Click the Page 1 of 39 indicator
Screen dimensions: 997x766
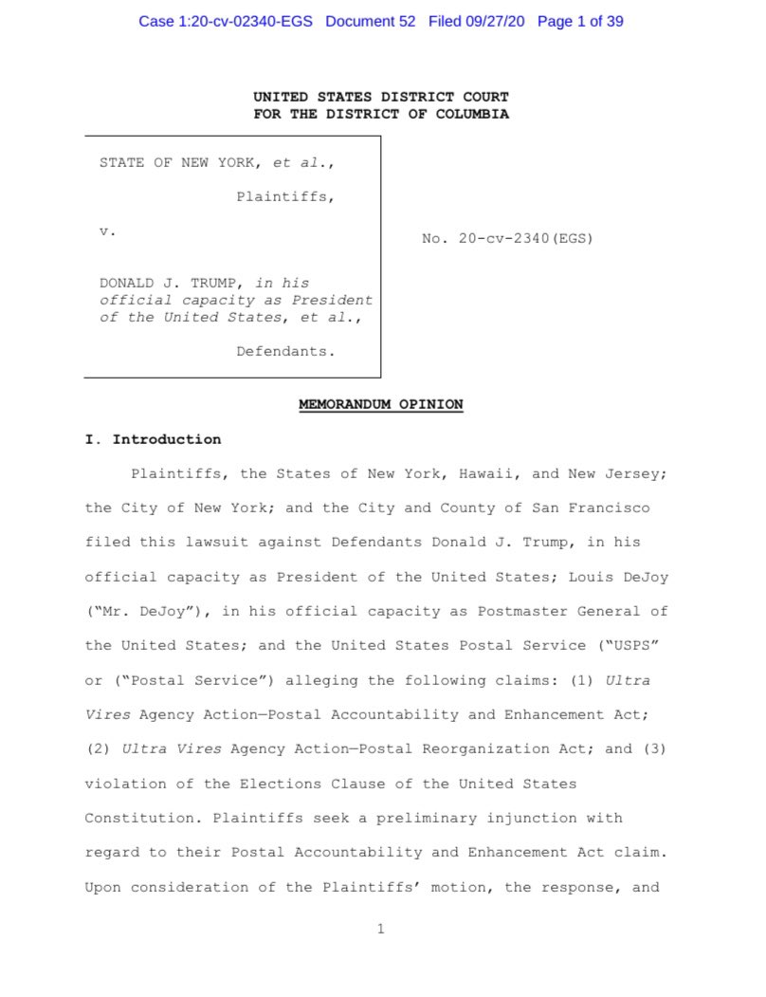tap(580, 21)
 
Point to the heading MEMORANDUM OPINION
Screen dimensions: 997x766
tap(381, 404)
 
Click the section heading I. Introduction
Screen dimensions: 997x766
tap(153, 439)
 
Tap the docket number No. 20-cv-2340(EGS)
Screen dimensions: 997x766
tap(507, 239)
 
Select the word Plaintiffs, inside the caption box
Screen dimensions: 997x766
tap(285, 197)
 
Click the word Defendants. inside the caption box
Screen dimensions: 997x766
tap(285, 351)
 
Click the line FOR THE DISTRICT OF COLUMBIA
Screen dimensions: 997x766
tap(381, 114)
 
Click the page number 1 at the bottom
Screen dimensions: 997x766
tap(381, 929)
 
